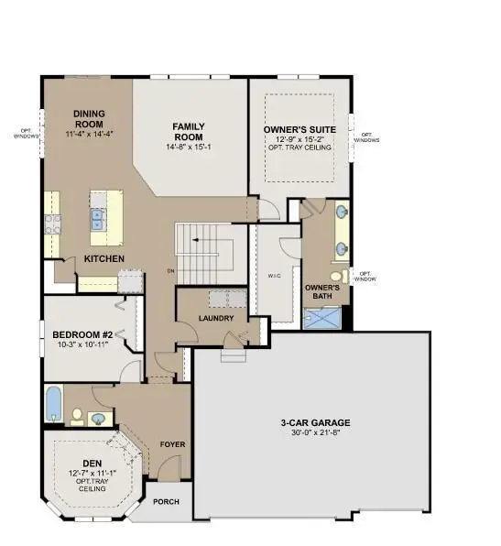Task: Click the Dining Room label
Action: point(90,119)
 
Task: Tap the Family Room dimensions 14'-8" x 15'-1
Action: point(190,147)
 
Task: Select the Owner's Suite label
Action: point(300,130)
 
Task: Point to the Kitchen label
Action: point(104,259)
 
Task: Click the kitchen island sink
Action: point(97,218)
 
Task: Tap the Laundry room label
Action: point(216,319)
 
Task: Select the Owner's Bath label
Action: point(321,291)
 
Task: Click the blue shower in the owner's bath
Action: point(322,317)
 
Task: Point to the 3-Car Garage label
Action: point(315,423)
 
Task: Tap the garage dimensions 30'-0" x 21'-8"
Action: point(315,434)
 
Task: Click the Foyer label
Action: point(172,444)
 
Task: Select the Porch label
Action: point(166,502)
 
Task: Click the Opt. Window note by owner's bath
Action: point(365,276)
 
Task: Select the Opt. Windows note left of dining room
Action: point(27,133)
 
